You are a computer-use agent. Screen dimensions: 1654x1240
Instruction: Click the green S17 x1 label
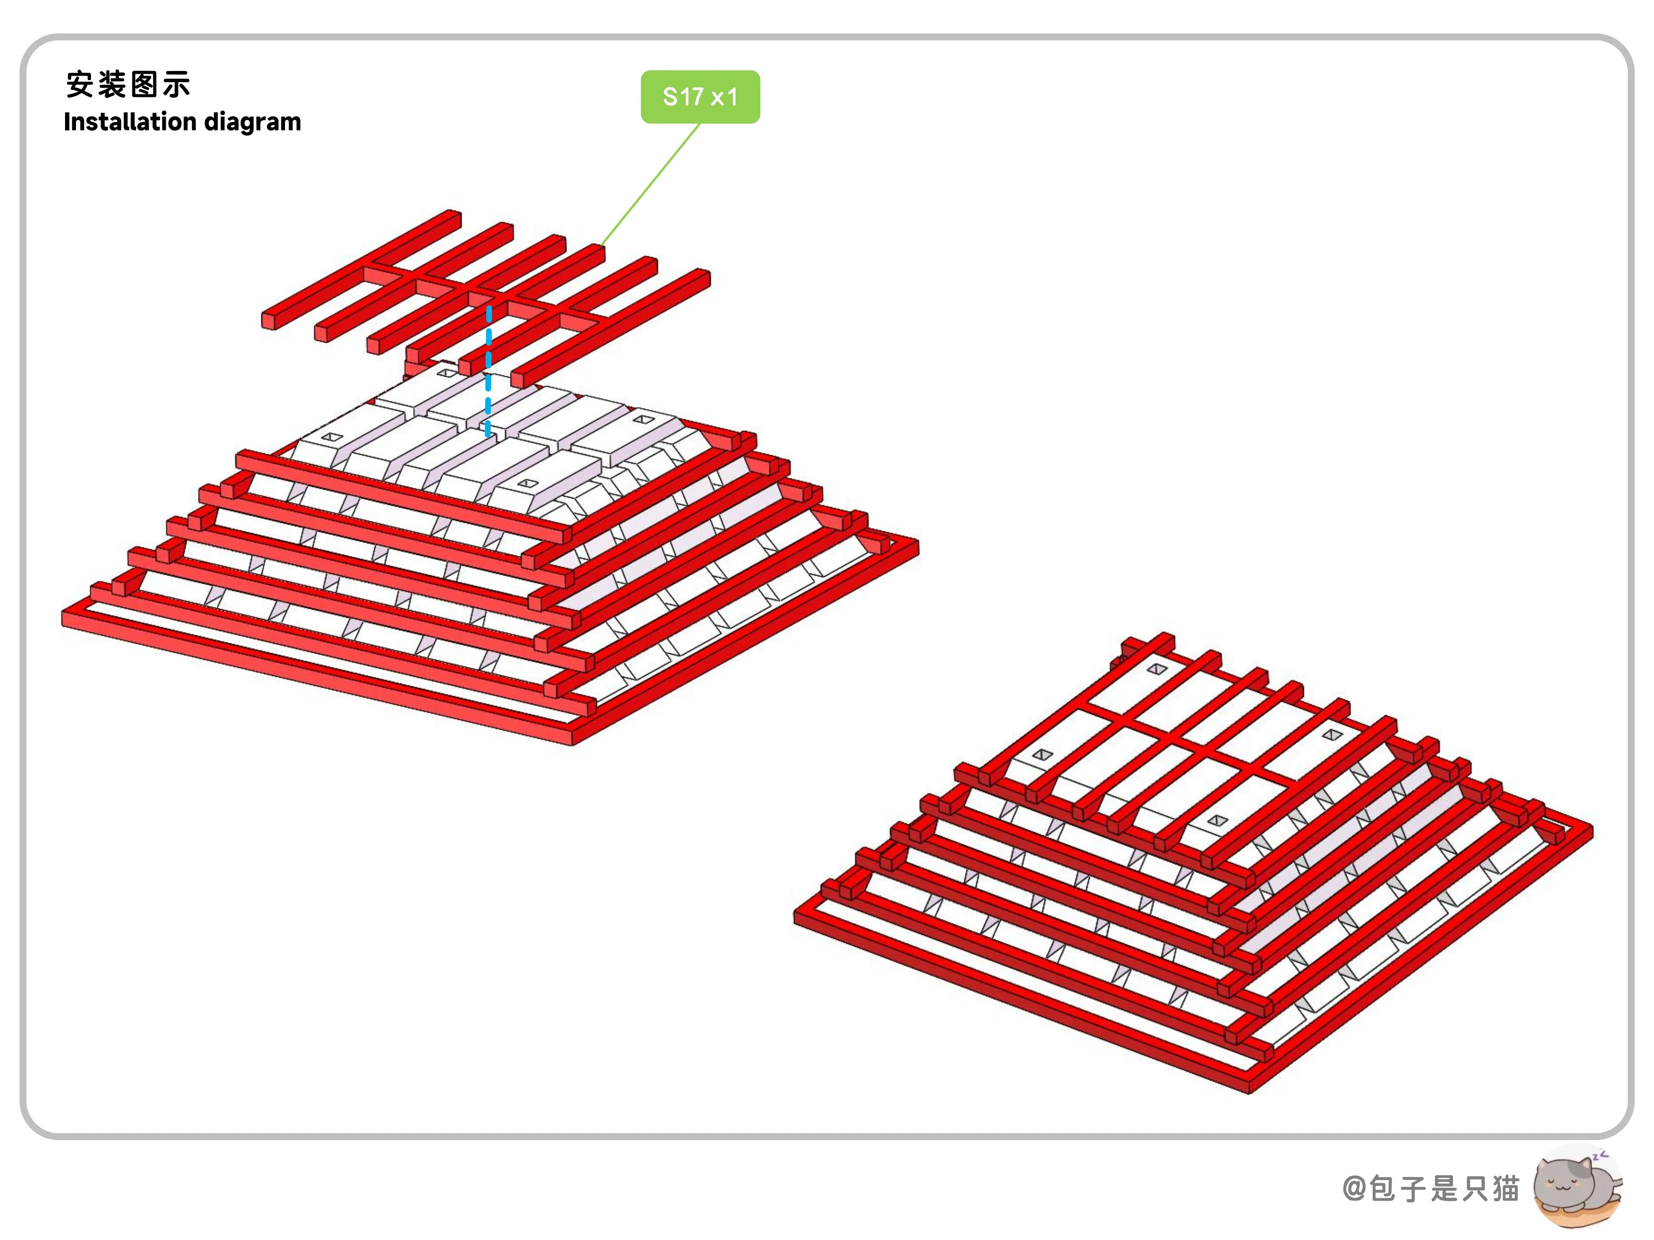tap(700, 97)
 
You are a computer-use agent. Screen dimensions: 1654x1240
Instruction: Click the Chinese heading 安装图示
tap(128, 84)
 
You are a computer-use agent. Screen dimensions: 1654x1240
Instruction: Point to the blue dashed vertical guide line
tap(488, 370)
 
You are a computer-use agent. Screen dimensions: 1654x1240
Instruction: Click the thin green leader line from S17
tap(650, 185)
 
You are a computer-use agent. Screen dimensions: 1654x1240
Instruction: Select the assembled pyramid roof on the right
tap(1194, 863)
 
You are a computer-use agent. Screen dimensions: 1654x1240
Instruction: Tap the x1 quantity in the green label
tap(724, 97)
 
